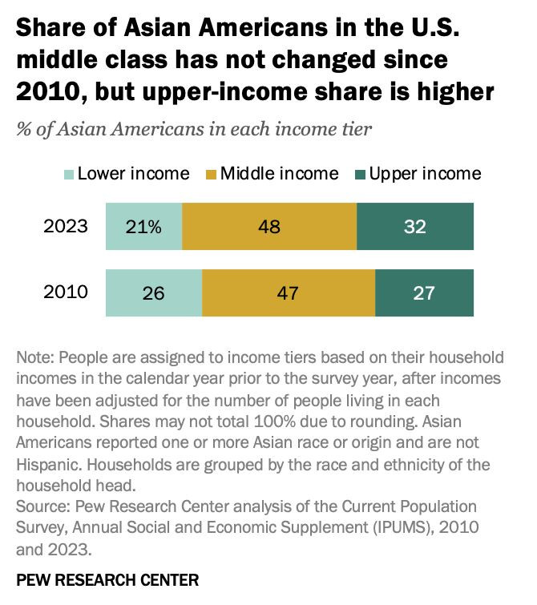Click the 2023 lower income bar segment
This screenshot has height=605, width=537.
click(143, 227)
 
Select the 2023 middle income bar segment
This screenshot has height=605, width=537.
click(269, 227)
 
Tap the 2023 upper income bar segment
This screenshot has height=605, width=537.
click(415, 227)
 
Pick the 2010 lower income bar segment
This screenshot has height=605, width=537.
click(153, 292)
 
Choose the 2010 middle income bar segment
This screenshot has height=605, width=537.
click(289, 292)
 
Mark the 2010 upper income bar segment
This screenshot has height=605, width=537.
click(424, 292)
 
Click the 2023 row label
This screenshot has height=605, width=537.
click(66, 227)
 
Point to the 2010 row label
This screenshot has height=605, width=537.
click(66, 292)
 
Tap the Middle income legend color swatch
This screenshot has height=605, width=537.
click(212, 174)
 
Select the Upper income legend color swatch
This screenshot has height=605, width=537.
click(360, 174)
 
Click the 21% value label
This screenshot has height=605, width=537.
click(143, 227)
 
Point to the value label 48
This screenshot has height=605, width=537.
click(269, 227)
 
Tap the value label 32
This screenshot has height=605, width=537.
click(415, 227)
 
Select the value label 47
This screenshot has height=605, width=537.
click(289, 292)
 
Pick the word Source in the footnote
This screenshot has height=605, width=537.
click(41, 508)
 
